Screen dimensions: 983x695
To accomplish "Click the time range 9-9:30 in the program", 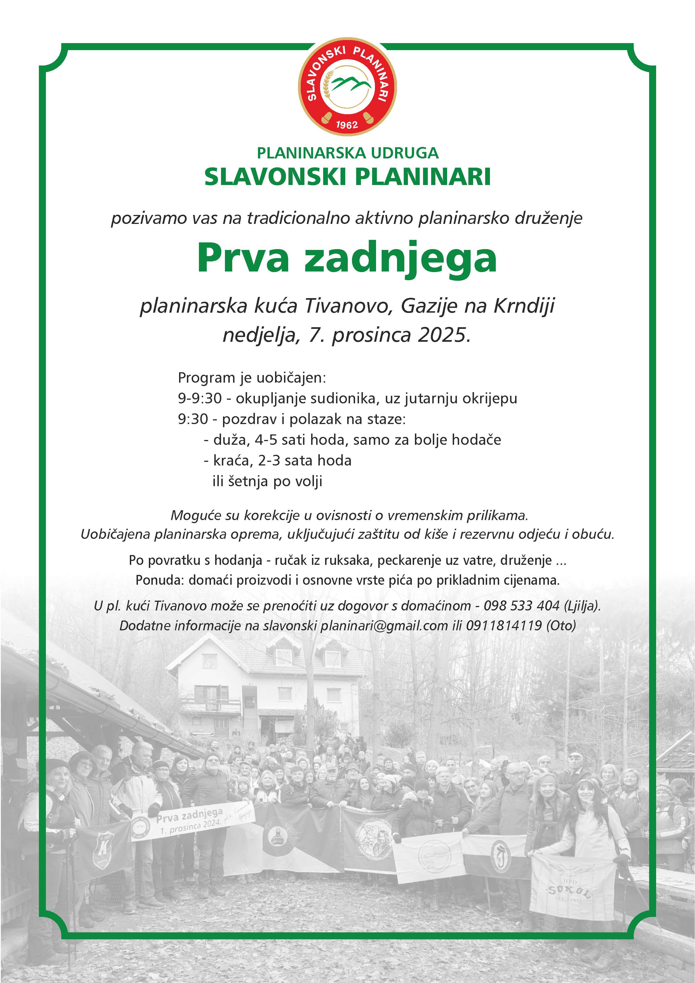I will (200, 398).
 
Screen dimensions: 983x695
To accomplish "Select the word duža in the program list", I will (229, 440).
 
